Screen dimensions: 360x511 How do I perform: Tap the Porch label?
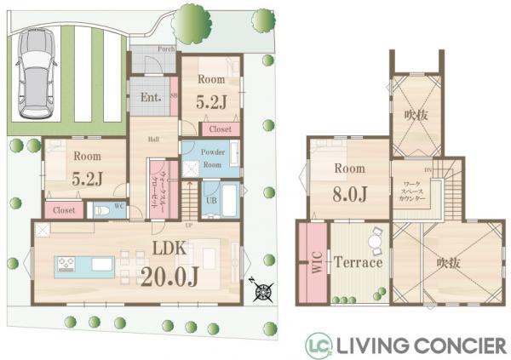[x=168, y=49]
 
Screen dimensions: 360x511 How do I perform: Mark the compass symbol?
[x=261, y=291]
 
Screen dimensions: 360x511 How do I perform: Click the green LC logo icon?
[x=319, y=345]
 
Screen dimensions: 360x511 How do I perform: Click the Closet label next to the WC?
[x=62, y=209]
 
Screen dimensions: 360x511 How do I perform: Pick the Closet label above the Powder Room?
[x=220, y=129]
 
